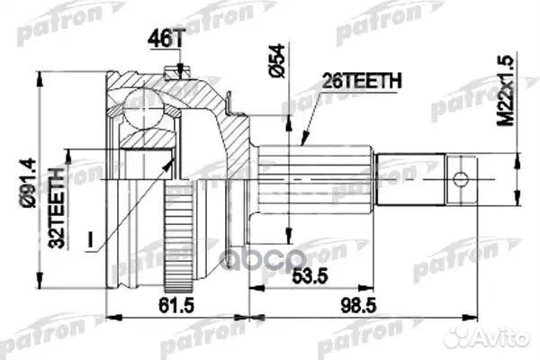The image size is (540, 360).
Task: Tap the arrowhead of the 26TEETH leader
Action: click(x=303, y=145)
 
